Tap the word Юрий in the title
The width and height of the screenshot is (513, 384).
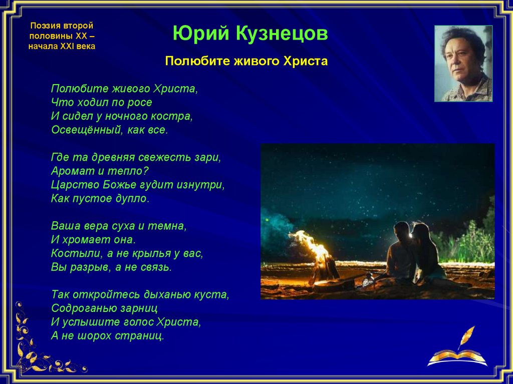201,33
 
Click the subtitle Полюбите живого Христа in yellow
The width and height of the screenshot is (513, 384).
246,61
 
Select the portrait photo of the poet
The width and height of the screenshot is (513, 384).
463,64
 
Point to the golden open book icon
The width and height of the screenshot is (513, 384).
457,358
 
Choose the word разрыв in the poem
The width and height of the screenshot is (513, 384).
91,267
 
